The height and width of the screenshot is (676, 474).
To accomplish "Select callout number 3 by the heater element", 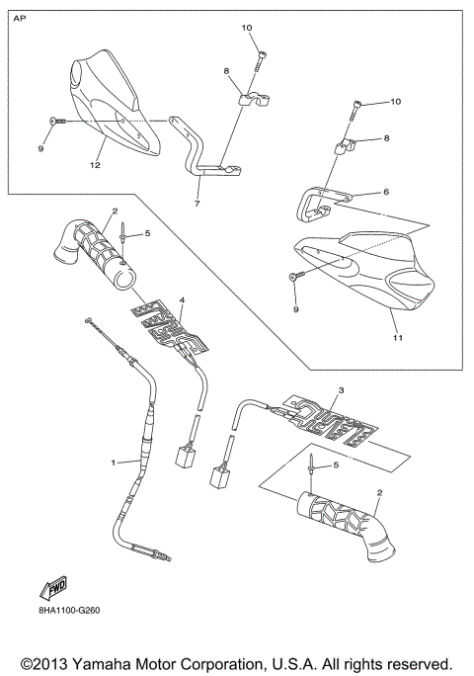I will click(340, 392).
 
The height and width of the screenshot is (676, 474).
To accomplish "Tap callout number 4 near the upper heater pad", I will click(181, 297).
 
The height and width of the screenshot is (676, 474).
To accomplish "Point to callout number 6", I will click(387, 193).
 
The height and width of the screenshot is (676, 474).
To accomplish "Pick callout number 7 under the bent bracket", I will click(197, 204).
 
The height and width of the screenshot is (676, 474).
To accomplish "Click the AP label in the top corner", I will click(21, 17).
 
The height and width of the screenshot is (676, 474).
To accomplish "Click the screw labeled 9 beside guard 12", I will click(55, 121).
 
